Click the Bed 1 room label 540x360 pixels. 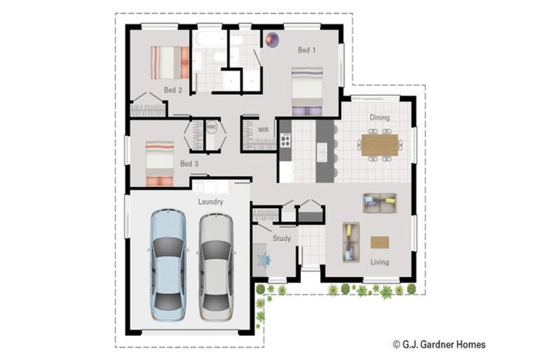307,50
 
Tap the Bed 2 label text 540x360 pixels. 173,90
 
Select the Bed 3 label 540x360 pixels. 189,164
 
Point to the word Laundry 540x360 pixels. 210,202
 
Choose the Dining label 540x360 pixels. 380,118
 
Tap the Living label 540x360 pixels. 380,262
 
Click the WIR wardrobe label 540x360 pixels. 264,130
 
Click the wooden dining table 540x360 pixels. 380,143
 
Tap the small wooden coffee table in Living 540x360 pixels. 380,243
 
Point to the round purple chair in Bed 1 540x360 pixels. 272,40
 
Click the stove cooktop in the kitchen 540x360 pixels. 286,141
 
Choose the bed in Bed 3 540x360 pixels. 160,163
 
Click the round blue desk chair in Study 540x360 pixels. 264,261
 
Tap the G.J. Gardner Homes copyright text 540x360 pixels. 439,345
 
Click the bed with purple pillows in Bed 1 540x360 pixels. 307,90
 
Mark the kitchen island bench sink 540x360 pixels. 322,151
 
